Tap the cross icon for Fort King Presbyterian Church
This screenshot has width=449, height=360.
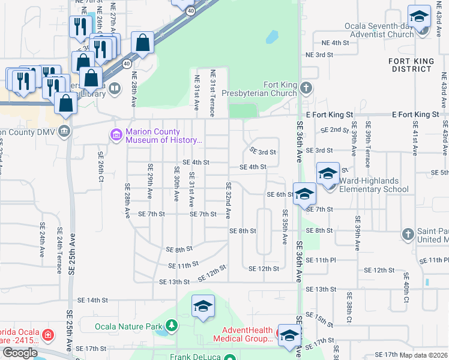306,89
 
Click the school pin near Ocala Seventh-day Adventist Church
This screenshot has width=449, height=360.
419,17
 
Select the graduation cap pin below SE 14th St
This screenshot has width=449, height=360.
203,307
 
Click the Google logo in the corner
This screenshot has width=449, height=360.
20,353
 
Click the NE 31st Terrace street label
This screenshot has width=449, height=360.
212,93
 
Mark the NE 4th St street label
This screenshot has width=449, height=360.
335,43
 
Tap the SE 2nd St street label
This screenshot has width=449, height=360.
334,130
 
